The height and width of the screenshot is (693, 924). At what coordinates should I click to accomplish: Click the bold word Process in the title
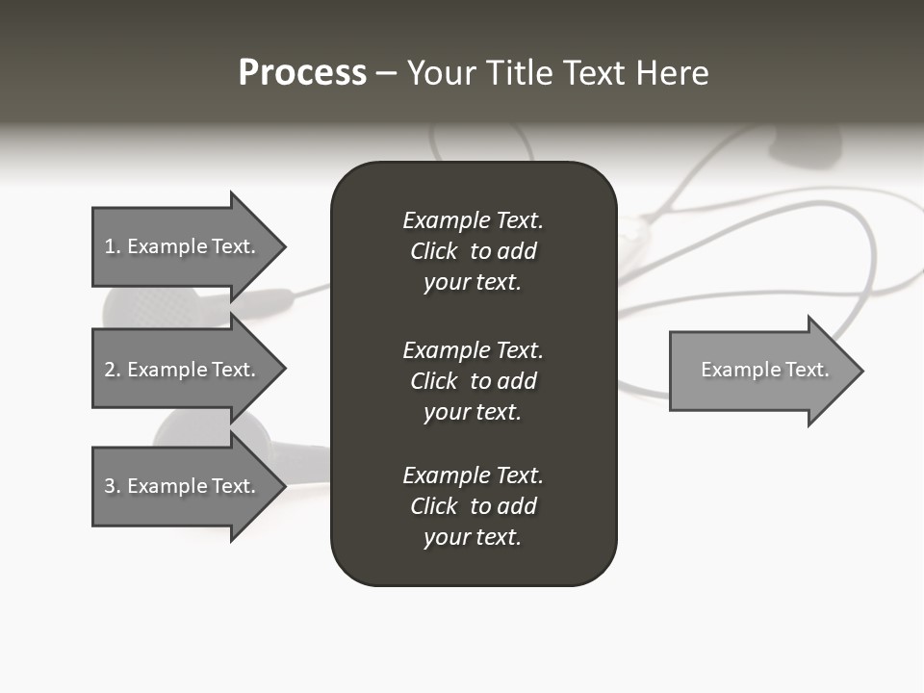[x=302, y=73]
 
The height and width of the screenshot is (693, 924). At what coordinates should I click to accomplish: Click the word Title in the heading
[x=519, y=73]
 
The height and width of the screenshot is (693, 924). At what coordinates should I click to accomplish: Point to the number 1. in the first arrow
[x=113, y=246]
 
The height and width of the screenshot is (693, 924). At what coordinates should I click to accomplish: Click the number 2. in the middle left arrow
[x=113, y=370]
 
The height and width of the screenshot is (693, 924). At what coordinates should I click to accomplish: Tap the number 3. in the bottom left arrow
[x=113, y=486]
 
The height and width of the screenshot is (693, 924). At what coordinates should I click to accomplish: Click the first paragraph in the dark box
[x=473, y=251]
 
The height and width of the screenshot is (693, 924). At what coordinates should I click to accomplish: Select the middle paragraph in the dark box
[x=473, y=381]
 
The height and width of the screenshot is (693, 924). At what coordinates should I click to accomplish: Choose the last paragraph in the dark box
[x=473, y=506]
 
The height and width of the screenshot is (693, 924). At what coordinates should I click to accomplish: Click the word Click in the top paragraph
[x=433, y=251]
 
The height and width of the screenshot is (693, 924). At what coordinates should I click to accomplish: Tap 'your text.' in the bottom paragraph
[x=473, y=537]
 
